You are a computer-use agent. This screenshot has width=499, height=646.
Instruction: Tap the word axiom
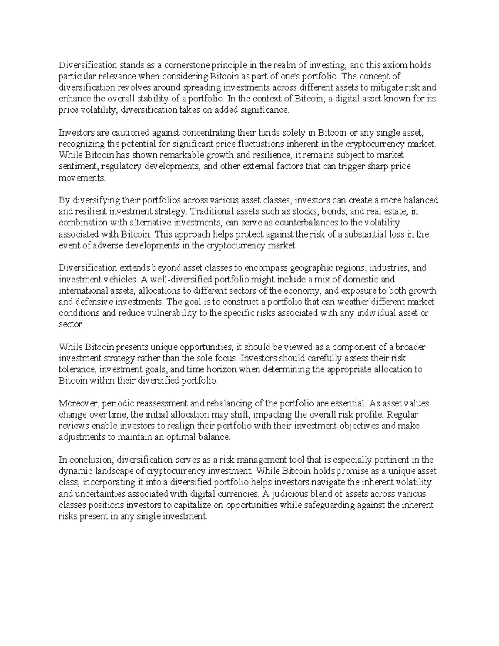396,65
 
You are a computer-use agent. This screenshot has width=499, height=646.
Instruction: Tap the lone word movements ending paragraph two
82,178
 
